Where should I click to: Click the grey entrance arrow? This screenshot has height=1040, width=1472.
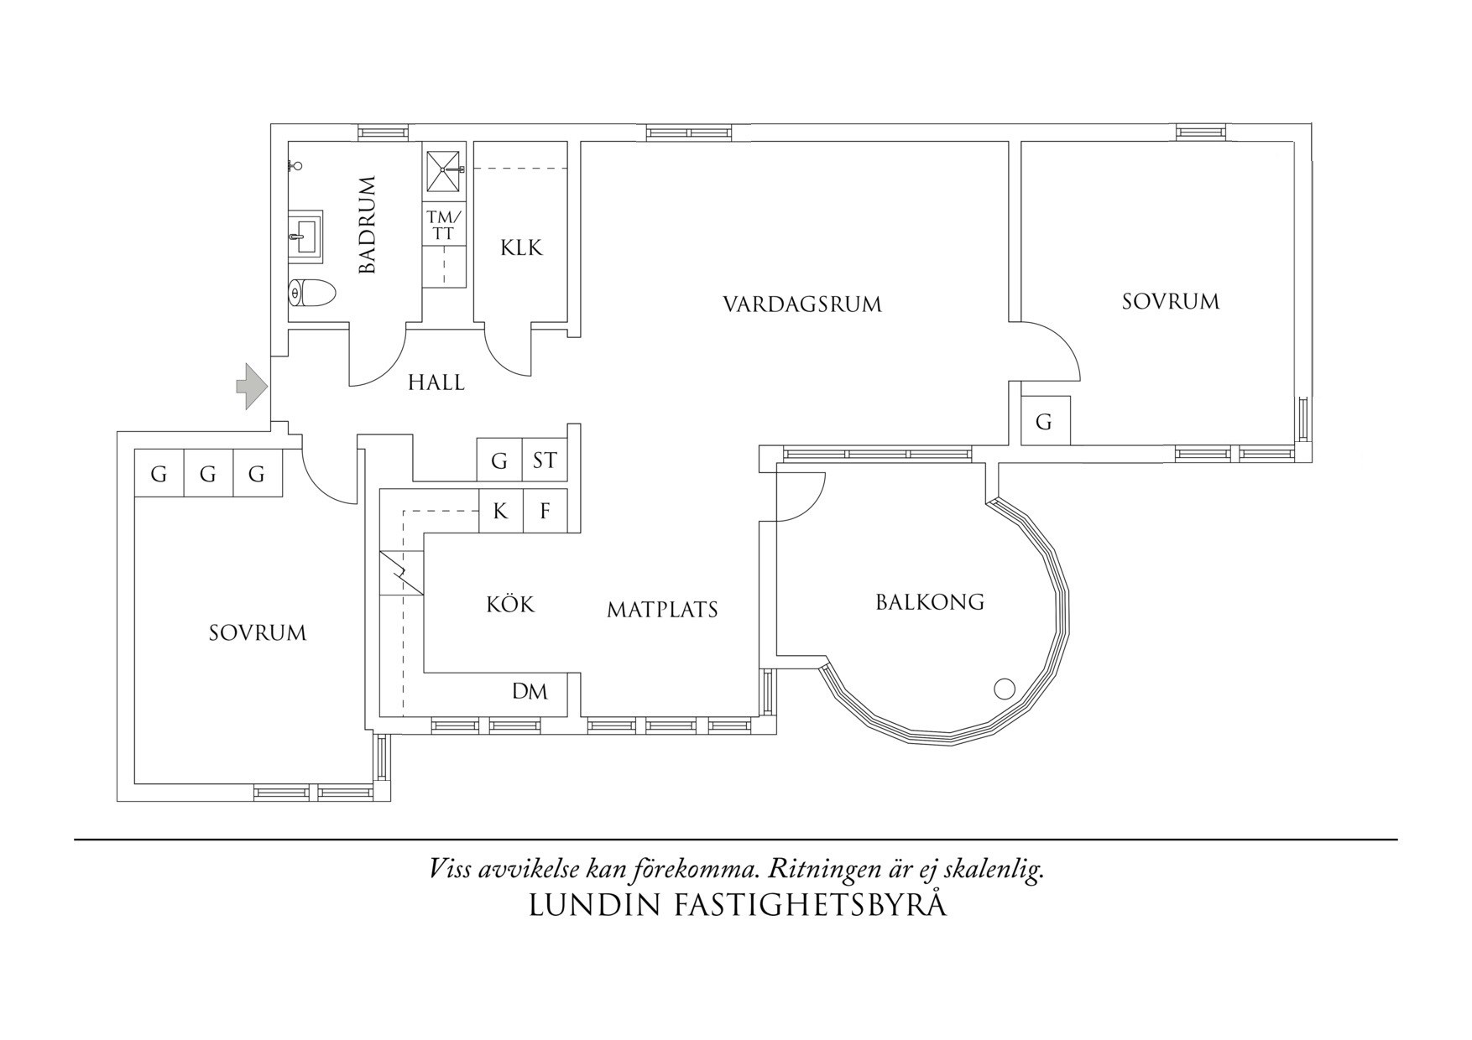(251, 387)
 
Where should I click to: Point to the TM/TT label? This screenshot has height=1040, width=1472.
(444, 226)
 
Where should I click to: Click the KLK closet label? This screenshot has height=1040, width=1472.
(521, 248)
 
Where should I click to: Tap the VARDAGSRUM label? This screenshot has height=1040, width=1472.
(802, 304)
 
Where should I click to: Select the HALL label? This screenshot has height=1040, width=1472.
(436, 383)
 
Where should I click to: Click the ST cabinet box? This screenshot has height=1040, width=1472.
(545, 460)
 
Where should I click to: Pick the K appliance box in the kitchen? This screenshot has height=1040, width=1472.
(500, 511)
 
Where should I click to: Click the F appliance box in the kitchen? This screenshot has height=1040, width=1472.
(545, 511)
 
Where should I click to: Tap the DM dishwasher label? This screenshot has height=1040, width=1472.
(530, 692)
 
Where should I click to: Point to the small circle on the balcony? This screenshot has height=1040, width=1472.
(1005, 689)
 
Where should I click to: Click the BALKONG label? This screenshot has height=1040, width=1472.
(930, 602)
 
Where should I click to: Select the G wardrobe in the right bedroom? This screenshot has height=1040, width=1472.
(1044, 422)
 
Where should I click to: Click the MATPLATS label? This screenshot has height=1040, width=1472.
(662, 610)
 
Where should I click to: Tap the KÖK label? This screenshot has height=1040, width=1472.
(509, 605)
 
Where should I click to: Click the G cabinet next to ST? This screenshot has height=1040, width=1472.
(499, 460)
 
